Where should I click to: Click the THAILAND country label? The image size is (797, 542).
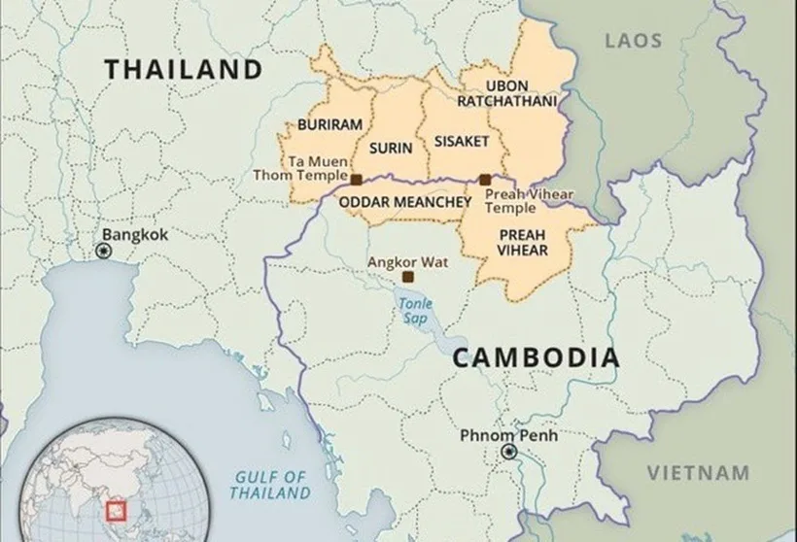pos(184,70)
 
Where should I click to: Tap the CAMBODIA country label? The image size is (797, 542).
pos(536,357)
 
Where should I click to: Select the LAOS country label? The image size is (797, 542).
pos(633,41)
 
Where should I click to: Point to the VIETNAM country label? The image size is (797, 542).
pos(699,473)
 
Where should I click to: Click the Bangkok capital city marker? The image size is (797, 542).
pos(104,252)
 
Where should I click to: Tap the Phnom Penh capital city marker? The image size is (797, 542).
pos(507,453)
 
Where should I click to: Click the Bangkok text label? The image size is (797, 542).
pos(135,235)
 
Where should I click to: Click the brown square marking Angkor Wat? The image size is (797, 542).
pos(407,277)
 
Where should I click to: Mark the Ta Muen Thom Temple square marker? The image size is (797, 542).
pos(356,180)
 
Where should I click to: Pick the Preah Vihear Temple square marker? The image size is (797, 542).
pos(485,180)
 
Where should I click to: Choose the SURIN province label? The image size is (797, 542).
pos(391,149)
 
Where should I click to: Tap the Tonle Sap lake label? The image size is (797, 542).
pos(412,310)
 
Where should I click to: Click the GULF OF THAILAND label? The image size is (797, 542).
pos(269,485)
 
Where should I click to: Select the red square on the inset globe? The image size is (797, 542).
pos(120,507)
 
